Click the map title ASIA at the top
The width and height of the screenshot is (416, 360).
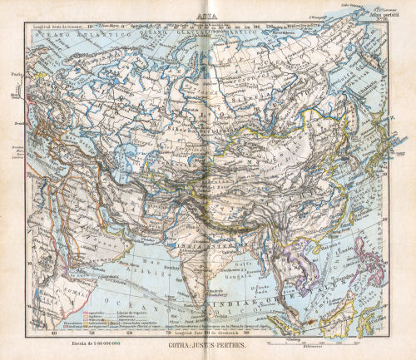click(203, 15)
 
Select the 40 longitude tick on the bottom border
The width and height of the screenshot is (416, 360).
click(55, 334)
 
